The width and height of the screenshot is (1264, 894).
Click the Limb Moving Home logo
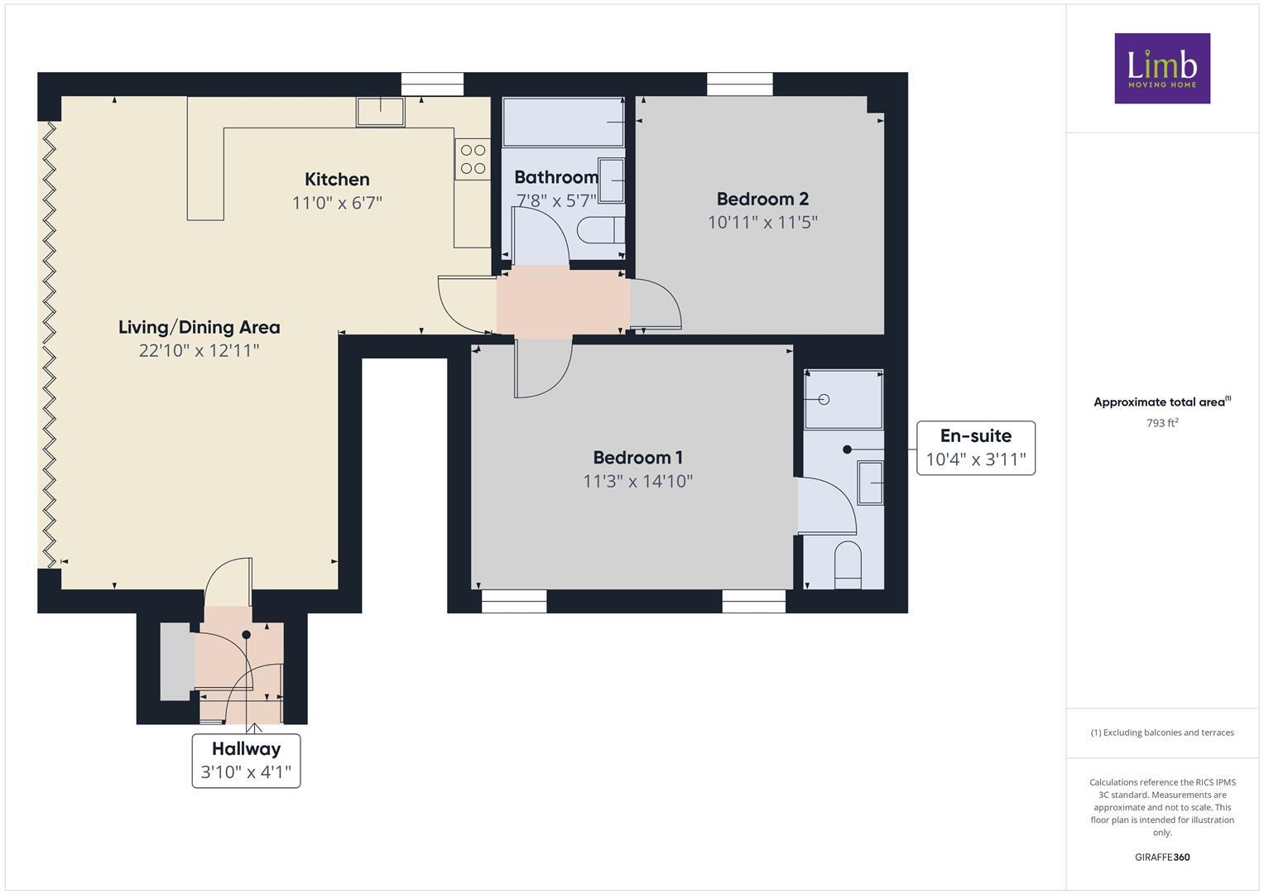tap(1161, 68)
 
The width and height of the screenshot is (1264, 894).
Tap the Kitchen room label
tap(337, 179)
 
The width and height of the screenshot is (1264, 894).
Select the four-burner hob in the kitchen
tap(473, 159)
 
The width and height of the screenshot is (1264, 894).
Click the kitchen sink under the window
tap(381, 111)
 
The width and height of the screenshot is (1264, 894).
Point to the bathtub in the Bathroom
tap(564, 122)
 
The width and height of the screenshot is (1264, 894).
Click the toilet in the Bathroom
tap(599, 230)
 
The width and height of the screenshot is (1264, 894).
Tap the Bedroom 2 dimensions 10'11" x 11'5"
tap(762, 222)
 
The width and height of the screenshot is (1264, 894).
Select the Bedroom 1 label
tap(637, 457)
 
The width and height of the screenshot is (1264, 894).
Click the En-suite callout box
tap(975, 448)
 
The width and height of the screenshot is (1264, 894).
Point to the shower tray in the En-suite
tap(843, 399)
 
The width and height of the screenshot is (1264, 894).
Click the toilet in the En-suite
tap(848, 565)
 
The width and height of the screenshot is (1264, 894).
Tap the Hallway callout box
tap(246, 760)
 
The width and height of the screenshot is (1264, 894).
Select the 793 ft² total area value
tap(1161, 423)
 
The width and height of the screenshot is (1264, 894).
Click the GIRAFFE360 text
tap(1161, 857)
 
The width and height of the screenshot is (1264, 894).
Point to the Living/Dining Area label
tap(199, 327)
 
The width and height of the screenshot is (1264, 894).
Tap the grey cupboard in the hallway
tap(175, 661)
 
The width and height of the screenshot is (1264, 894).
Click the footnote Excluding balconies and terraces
tap(1161, 733)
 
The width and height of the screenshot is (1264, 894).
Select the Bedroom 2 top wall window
tap(739, 84)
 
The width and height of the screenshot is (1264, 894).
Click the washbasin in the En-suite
tap(870, 483)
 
